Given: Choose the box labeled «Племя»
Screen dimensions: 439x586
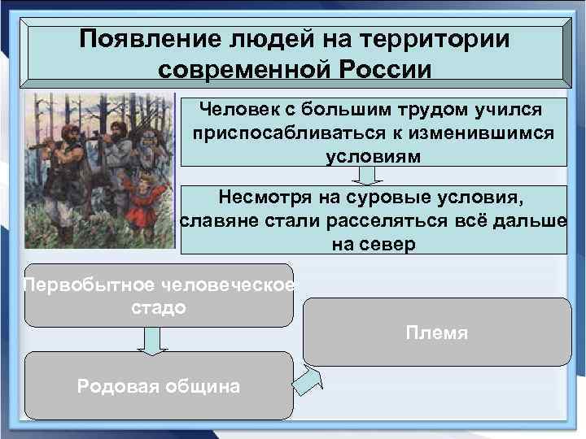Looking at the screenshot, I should coord(437,332).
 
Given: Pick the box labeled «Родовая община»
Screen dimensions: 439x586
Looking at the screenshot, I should coord(158,385).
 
